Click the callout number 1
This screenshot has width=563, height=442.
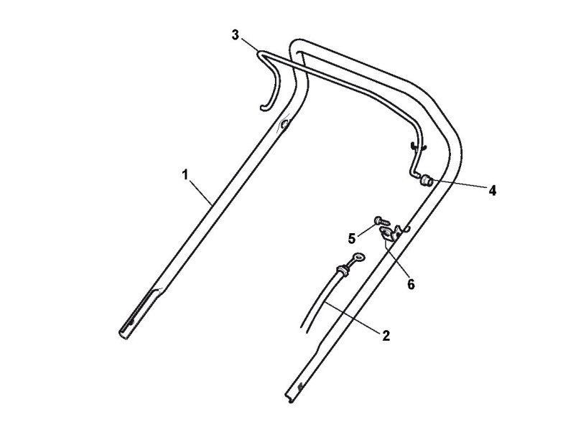point(185,174)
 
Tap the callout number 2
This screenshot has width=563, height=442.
point(386,335)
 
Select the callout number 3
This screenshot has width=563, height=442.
point(235,35)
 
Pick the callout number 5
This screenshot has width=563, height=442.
point(353,238)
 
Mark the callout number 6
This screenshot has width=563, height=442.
point(410,284)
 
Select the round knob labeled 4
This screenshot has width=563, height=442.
point(426,179)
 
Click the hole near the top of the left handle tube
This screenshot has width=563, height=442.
point(285,126)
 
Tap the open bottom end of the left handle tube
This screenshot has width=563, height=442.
point(123,331)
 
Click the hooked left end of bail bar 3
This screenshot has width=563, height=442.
point(264,108)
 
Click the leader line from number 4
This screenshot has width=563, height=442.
point(460,186)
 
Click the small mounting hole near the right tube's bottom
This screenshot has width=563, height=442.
point(299,387)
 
